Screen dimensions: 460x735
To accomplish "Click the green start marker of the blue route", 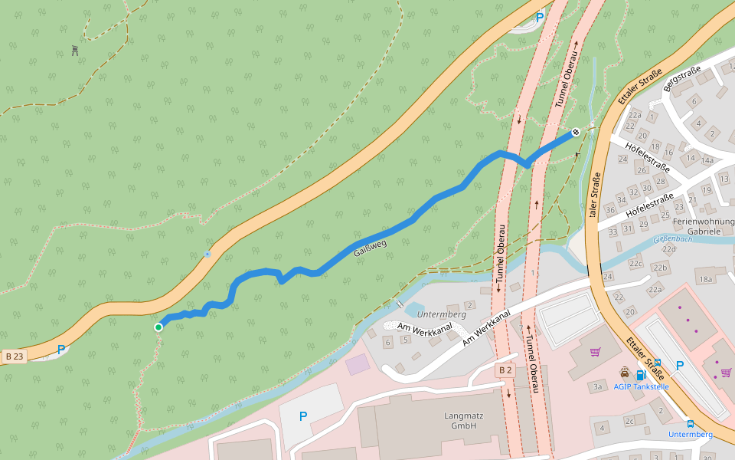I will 158,327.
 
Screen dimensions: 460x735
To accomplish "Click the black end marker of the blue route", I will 576,132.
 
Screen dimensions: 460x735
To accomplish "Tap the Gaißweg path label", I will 370,248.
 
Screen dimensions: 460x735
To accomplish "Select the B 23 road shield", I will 14,356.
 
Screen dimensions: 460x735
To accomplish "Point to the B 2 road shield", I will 505,370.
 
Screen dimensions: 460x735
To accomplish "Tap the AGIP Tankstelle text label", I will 641,386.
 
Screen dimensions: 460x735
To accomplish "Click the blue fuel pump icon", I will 640,375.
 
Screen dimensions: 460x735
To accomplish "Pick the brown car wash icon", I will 626,373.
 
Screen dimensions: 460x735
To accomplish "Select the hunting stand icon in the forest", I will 75,51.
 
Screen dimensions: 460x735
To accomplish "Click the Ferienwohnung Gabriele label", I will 704,225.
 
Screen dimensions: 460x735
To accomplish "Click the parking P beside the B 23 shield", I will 61,350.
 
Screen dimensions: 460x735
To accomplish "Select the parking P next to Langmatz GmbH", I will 303,416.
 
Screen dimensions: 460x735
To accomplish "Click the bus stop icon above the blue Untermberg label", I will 690,423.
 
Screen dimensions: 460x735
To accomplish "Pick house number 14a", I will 707,160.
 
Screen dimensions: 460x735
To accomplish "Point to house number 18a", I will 705,279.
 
